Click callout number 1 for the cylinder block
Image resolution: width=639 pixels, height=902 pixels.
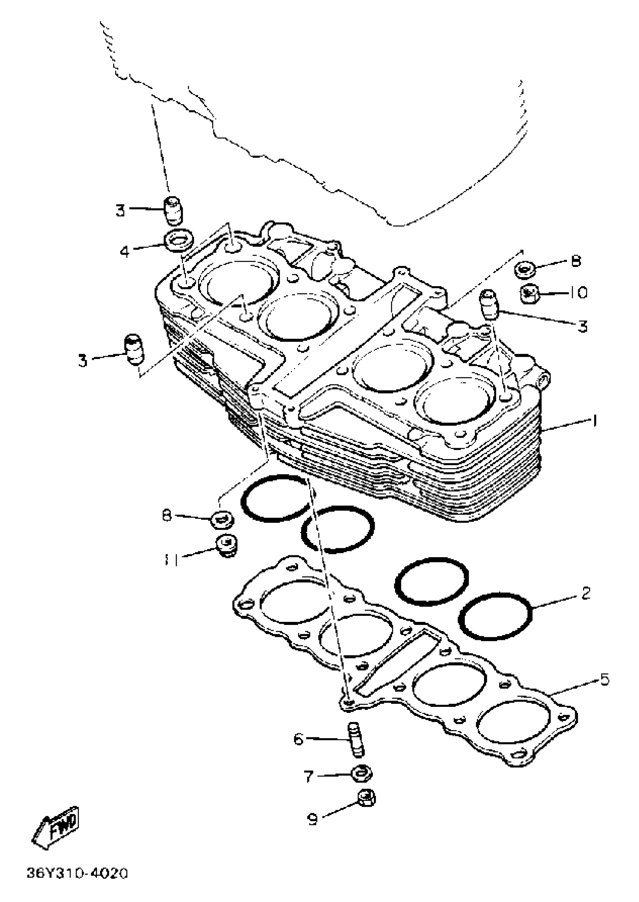tap(595, 421)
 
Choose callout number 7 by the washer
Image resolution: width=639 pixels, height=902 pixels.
tap(308, 776)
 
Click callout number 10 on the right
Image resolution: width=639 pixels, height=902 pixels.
tap(578, 293)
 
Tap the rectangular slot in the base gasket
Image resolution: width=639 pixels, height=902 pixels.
tap(397, 664)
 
